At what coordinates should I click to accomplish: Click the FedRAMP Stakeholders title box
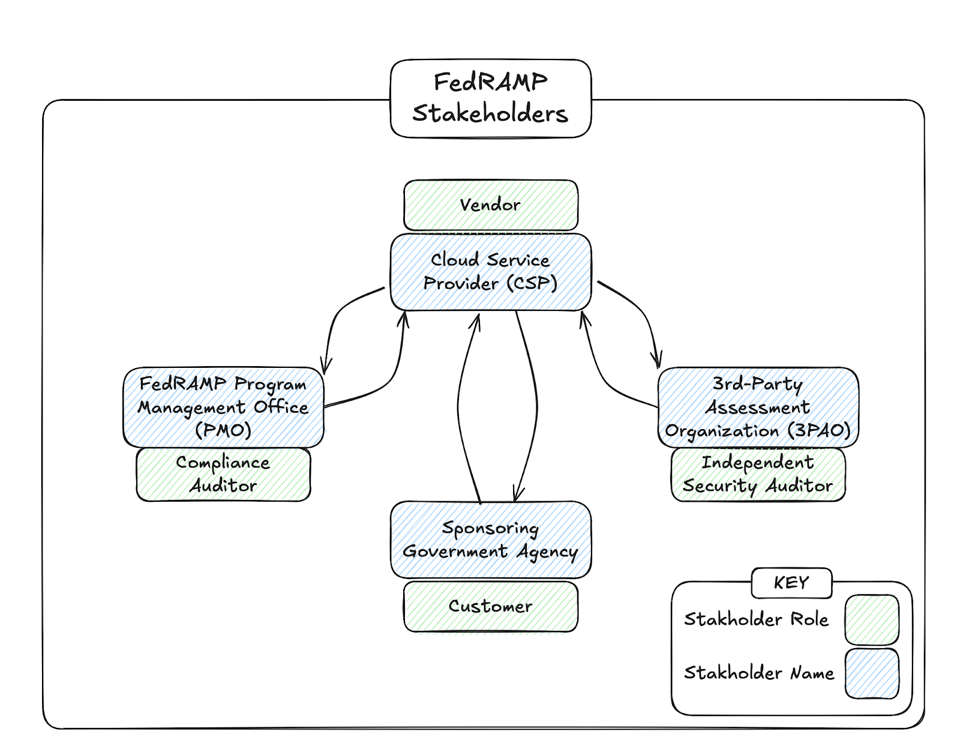tap(490, 98)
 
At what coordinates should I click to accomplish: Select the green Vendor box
tap(490, 205)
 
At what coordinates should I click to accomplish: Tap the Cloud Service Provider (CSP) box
tap(490, 271)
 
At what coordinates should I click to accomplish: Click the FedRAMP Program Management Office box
tap(223, 407)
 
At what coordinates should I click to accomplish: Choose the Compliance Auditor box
tap(223, 474)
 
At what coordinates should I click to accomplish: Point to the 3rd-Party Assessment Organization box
tap(758, 407)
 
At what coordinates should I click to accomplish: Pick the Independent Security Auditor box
tap(758, 474)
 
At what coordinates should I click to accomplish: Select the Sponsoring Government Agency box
tap(490, 540)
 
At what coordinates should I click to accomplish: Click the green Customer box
tap(490, 606)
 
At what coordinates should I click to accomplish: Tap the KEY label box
tap(791, 583)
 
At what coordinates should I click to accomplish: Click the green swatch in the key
tap(871, 619)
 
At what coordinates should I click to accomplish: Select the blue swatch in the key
tap(871, 673)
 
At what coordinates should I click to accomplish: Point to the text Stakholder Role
tap(756, 619)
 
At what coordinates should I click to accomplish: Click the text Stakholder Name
tap(759, 673)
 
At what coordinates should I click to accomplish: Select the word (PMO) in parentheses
tap(223, 430)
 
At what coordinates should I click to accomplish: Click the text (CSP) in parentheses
tap(532, 283)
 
